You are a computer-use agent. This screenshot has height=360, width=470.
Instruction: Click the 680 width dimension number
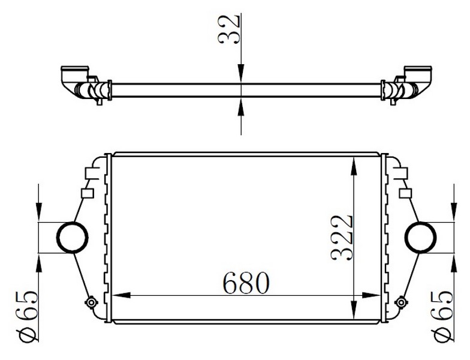(246, 283)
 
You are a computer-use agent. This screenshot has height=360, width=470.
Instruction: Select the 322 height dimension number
(342, 238)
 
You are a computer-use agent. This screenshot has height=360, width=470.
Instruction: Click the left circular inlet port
(73, 238)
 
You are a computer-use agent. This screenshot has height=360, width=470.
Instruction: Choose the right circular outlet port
(421, 238)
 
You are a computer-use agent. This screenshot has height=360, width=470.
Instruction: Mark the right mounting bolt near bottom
(400, 302)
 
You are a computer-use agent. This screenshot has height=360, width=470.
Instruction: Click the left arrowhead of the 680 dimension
(121, 295)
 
